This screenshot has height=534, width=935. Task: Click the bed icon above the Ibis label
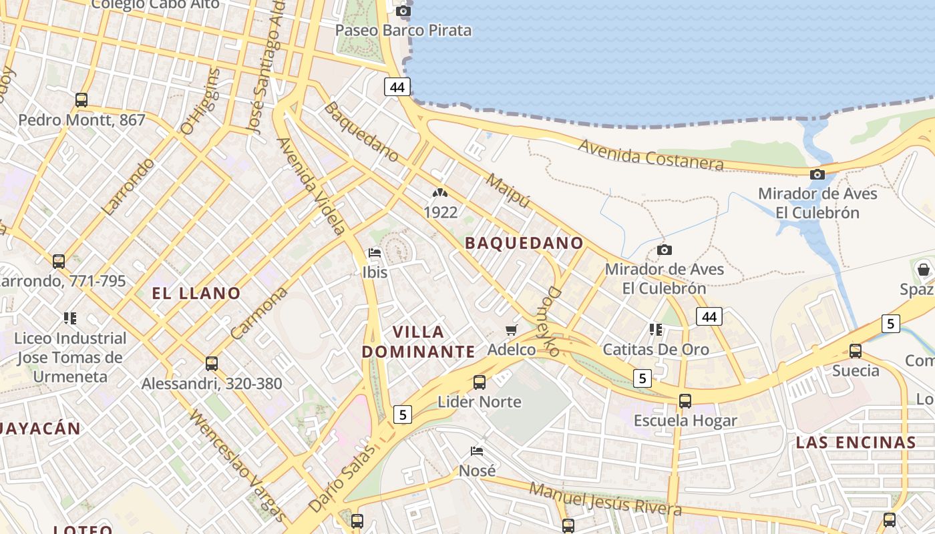(375, 253)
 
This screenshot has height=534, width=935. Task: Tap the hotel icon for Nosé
(477, 451)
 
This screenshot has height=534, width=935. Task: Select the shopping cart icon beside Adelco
(512, 330)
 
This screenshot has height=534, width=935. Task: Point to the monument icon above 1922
(439, 193)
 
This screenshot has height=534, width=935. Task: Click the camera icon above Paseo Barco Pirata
(403, 11)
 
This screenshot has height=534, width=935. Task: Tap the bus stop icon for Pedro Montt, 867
(81, 100)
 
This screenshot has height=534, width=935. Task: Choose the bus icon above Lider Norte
(480, 382)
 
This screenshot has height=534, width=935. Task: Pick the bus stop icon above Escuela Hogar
(685, 401)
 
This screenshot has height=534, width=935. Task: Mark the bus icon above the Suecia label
(856, 350)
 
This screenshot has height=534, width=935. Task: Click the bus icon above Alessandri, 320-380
(212, 364)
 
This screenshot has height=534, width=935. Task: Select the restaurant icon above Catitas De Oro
(656, 330)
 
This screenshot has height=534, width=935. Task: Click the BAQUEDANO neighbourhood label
(524, 243)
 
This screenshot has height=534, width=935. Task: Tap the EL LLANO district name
(196, 293)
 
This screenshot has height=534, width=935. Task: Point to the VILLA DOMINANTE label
(419, 342)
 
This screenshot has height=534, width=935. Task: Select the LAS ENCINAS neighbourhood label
(856, 443)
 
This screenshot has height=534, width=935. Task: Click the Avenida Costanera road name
(651, 155)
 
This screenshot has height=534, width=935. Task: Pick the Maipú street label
(508, 191)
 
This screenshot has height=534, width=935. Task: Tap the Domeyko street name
(552, 321)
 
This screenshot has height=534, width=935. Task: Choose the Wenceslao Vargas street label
(238, 465)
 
